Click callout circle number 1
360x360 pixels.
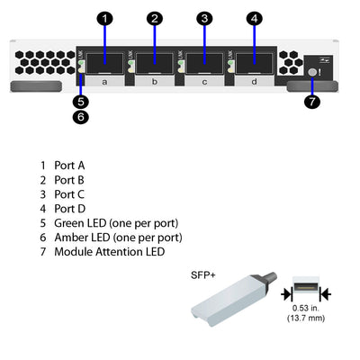[x=105, y=18]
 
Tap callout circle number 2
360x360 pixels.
[x=155, y=18]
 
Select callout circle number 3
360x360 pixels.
[x=204, y=18]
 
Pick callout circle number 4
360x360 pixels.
[x=255, y=18]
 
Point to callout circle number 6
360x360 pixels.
[x=80, y=116]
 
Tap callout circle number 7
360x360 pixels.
[x=312, y=101]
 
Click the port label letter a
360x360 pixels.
[x=105, y=81]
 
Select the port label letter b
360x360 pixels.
[x=155, y=81]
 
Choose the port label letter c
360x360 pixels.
[x=204, y=81]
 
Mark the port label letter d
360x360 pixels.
[x=255, y=81]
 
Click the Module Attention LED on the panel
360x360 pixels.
[x=312, y=72]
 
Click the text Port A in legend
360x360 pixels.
[x=69, y=166]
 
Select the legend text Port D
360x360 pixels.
[x=70, y=208]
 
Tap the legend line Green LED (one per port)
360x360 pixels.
[x=116, y=222]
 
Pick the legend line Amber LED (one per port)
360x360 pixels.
[x=118, y=237]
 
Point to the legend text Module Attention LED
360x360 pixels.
[x=110, y=251]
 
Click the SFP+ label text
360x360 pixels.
[x=204, y=275]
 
